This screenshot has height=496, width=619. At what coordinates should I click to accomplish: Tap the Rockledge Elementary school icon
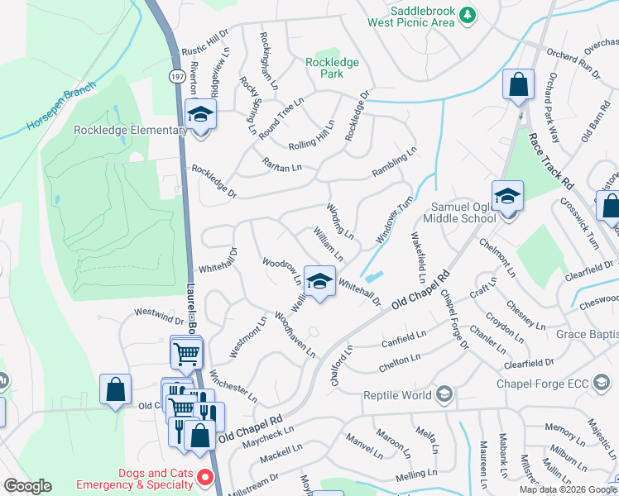pyautogui.click(x=199, y=114)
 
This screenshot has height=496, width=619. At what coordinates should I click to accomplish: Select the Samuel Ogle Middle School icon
pyautogui.click(x=507, y=197)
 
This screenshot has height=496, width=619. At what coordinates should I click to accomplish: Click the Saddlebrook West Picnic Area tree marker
pyautogui.click(x=468, y=15)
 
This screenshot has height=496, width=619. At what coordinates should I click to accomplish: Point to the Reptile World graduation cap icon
pyautogui.click(x=444, y=393)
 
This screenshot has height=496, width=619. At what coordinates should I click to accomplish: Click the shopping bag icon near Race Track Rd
pyautogui.click(x=518, y=84)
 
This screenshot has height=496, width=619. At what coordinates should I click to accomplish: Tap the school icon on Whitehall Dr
pyautogui.click(x=319, y=282)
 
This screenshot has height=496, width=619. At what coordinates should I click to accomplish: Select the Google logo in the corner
pyautogui.click(x=27, y=486)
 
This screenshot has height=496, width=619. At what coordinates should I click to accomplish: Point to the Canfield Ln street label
pyautogui.click(x=403, y=338)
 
